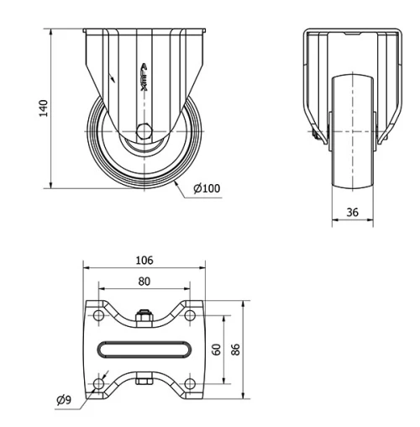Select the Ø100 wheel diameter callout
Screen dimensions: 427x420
point(207,188)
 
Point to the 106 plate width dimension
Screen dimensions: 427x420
point(144,261)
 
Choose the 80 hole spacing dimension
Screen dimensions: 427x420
point(144,282)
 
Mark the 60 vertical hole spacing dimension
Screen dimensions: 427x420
point(216,349)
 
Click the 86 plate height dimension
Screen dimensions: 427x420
point(236,349)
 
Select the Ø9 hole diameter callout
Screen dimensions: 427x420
point(64,399)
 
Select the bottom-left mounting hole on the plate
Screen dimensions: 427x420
point(99,383)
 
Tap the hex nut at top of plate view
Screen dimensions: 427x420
point(144,318)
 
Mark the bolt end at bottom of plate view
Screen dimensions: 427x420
point(144,382)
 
